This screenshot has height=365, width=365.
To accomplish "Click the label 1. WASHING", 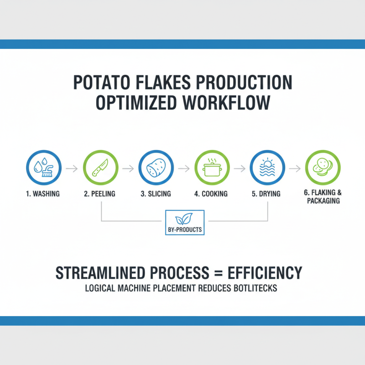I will coord(43,194).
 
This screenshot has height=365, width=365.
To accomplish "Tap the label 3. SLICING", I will coord(156,194).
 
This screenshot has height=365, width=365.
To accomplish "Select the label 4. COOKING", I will coord(211,194).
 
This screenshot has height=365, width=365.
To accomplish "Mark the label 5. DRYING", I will coord(267,194).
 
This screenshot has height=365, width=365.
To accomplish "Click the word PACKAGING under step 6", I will coord(323,201).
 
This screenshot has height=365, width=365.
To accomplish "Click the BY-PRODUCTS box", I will coord(184,223).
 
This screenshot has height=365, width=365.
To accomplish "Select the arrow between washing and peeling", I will coord(72,169).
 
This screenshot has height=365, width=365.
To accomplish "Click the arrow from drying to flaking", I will coord(295,169).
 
